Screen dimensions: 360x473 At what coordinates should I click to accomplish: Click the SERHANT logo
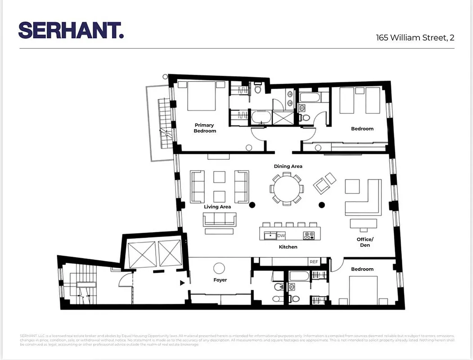point(71,30)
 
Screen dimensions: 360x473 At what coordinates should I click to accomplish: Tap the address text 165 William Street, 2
point(415,38)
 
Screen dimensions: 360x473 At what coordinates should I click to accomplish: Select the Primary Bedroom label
point(204,128)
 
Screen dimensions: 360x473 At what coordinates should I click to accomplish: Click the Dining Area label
point(288,166)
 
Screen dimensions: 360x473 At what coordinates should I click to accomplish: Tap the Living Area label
point(217,207)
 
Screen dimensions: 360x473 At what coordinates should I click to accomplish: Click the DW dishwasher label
point(281,235)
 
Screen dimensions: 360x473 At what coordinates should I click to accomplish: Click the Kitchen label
point(288,247)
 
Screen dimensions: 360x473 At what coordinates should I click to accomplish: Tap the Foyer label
point(220,280)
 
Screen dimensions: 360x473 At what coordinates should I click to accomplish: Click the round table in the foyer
point(219,269)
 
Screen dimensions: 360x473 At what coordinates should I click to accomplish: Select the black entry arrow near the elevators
point(182,283)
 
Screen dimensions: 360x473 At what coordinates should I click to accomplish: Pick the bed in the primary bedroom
point(202,96)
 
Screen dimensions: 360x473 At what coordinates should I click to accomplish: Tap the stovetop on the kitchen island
point(309,235)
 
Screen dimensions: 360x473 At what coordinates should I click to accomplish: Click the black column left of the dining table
point(252,205)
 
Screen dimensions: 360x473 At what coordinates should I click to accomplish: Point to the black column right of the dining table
point(322,205)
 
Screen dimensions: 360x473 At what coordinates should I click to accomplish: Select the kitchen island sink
point(270,235)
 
